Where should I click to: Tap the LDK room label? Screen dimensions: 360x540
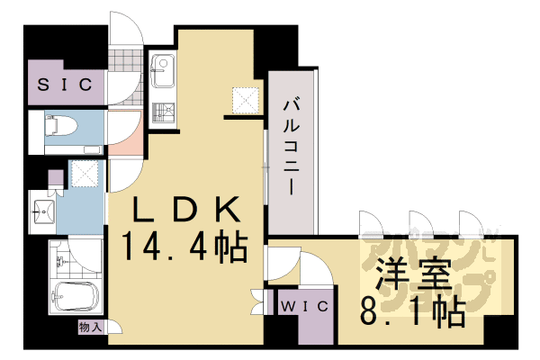coord(186,211)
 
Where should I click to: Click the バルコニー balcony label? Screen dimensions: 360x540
coord(292,148)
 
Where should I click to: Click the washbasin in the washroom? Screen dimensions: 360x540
coord(41,212)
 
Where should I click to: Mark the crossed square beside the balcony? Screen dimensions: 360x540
coord(245,100)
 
